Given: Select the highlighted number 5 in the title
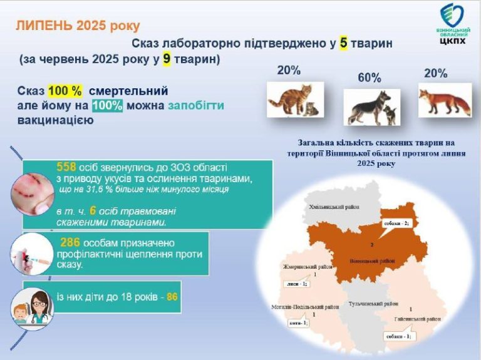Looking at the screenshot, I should point(344,43).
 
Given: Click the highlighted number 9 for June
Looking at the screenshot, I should point(167,59).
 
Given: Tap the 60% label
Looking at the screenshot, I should point(369,78).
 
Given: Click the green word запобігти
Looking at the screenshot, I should point(195,105).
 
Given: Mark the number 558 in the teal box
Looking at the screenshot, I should point(67,168).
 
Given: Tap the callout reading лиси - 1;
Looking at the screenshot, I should point(295,285).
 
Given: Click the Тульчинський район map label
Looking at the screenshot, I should point(373,303).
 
